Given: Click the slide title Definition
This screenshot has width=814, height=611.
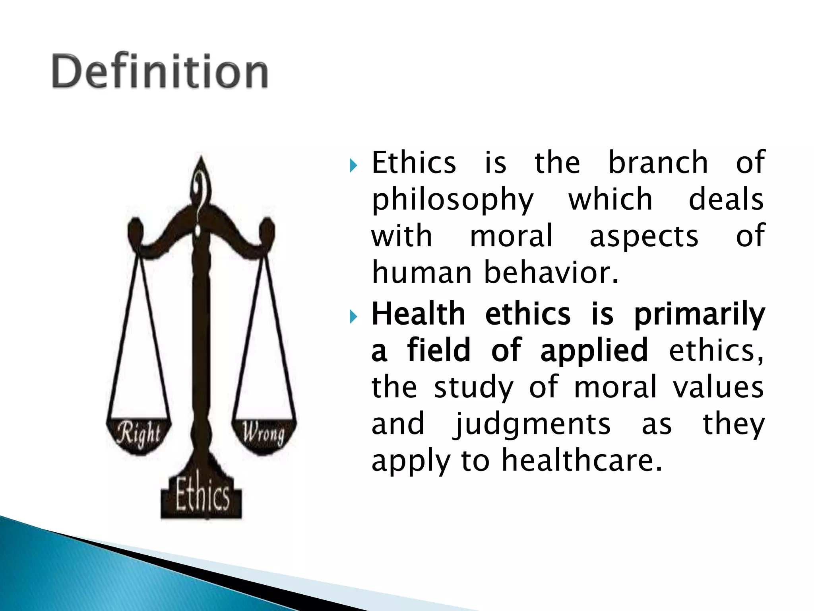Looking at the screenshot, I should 160,72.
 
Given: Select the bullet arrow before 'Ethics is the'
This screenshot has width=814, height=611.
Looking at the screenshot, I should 353,165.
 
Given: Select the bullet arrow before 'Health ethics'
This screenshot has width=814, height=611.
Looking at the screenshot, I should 353,317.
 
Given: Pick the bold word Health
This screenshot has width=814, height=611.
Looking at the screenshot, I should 418,314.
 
